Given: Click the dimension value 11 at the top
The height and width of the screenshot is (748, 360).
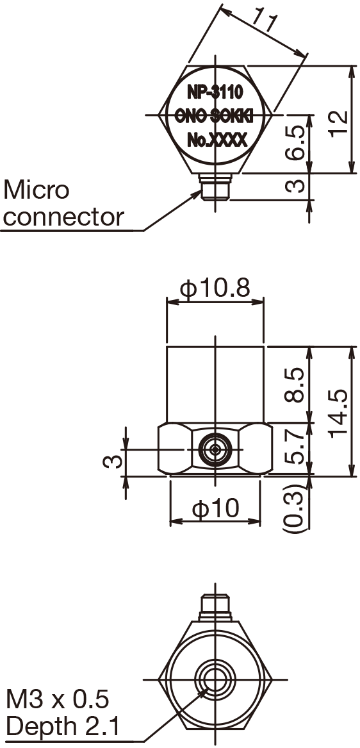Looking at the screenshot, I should tap(265, 22).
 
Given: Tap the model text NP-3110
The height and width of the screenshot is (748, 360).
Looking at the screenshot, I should tap(215, 93).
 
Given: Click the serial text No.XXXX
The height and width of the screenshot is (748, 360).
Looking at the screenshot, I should tap(217, 140).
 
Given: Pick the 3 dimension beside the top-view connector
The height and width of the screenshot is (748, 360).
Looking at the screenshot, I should tap(294, 187).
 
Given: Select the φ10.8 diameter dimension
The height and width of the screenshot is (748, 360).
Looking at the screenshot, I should tap(215, 289).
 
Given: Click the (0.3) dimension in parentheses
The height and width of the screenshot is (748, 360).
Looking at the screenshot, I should tap(293, 511).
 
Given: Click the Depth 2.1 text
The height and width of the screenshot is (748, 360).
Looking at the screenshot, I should tap(62, 727).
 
